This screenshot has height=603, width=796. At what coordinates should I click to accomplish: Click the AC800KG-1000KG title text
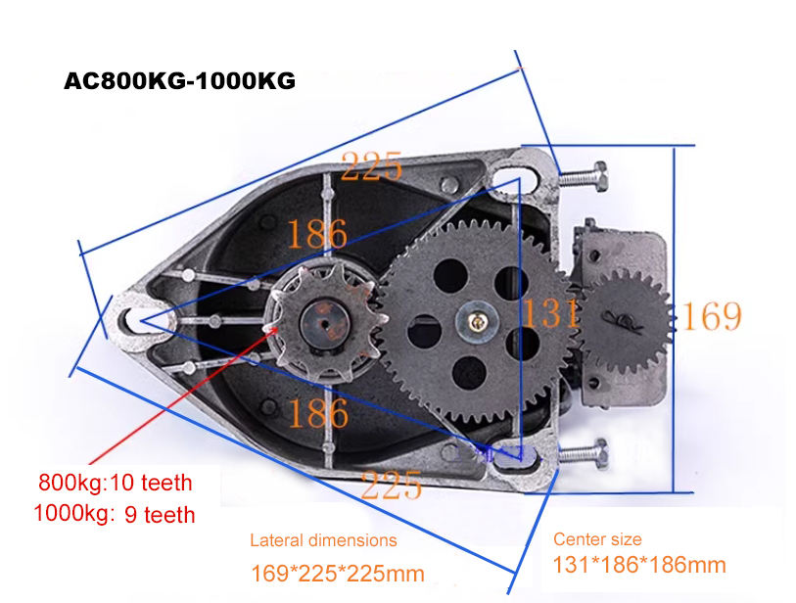[179, 81]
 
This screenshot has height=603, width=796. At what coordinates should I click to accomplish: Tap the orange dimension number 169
[712, 316]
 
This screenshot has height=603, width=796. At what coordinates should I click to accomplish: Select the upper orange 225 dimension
[373, 166]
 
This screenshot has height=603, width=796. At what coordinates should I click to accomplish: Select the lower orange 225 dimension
[392, 484]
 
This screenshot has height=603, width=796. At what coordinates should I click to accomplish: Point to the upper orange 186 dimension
[316, 234]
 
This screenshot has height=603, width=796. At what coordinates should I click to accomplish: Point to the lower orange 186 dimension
[316, 413]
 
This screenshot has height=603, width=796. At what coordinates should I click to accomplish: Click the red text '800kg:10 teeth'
[116, 483]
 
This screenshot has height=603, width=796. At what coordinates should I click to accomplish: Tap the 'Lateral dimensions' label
[323, 540]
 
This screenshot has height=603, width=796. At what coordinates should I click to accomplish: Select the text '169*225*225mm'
[337, 573]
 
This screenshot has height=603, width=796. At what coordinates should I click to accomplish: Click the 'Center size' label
[597, 539]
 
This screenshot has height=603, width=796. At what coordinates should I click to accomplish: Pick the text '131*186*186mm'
[639, 565]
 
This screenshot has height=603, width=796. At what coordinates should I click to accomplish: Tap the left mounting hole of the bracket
[132, 317]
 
